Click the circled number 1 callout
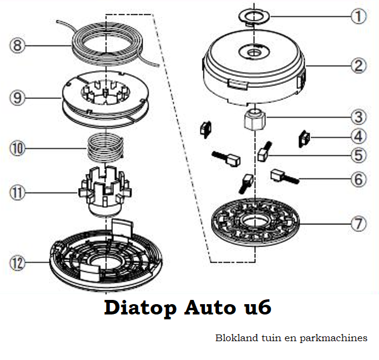(359, 16)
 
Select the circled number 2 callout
(359, 66)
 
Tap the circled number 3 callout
(359, 117)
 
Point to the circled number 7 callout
(359, 223)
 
